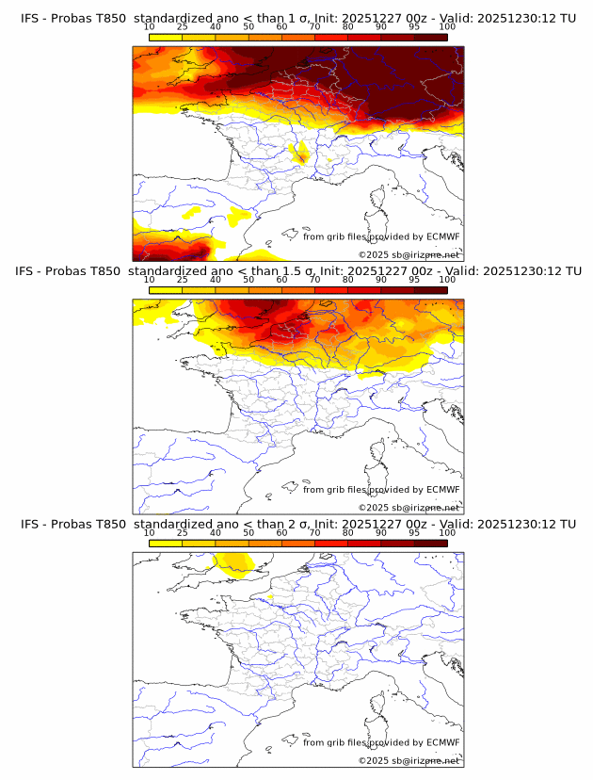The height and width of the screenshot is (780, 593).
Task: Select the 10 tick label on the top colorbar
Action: pyautogui.click(x=150, y=27)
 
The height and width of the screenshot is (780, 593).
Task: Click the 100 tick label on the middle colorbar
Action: pyautogui.click(x=447, y=280)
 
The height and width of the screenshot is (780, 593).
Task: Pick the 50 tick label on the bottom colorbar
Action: pyautogui.click(x=248, y=532)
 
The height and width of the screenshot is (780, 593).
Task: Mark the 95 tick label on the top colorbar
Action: pyautogui.click(x=414, y=27)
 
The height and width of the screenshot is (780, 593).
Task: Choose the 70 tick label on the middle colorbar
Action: pyautogui.click(x=314, y=280)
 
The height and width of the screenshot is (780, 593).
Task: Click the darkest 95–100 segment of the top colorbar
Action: pyautogui.click(x=430, y=37)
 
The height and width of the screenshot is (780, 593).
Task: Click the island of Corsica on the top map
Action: pyautogui.click(x=377, y=200)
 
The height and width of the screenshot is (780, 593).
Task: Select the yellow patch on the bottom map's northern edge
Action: pyautogui.click(x=232, y=562)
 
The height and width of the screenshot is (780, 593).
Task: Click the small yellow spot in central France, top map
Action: pyautogui.click(x=299, y=153)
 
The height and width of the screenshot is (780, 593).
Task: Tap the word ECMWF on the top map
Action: pyautogui.click(x=442, y=237)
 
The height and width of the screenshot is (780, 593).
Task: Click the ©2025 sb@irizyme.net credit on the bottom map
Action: pyautogui.click(x=409, y=760)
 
